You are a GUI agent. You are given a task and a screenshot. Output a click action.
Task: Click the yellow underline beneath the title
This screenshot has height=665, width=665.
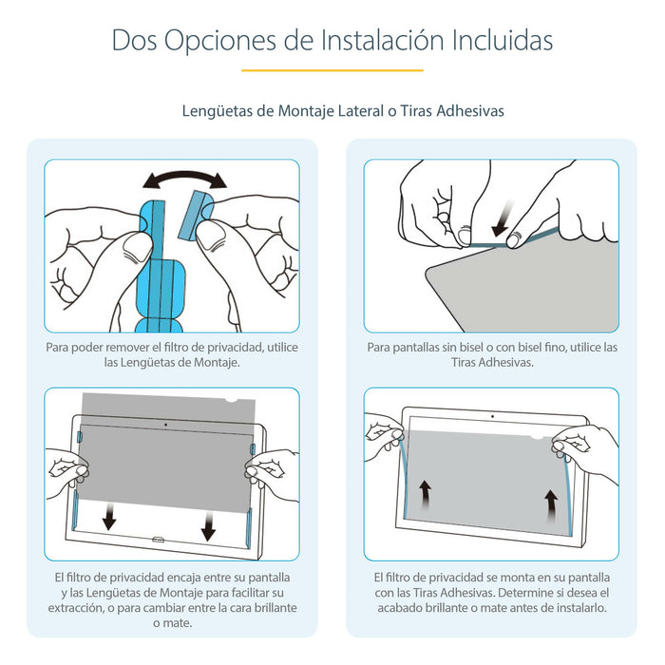332,70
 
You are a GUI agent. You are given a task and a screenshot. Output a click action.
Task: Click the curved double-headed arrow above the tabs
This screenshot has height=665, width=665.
184,180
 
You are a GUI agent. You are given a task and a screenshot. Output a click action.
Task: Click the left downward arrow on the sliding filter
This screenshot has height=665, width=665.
110,517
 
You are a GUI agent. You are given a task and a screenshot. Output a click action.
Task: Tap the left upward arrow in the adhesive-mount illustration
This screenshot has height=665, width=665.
426,496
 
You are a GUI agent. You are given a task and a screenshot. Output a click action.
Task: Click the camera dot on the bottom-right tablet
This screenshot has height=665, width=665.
492,417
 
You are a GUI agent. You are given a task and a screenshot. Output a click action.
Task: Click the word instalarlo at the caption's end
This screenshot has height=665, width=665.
574,608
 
